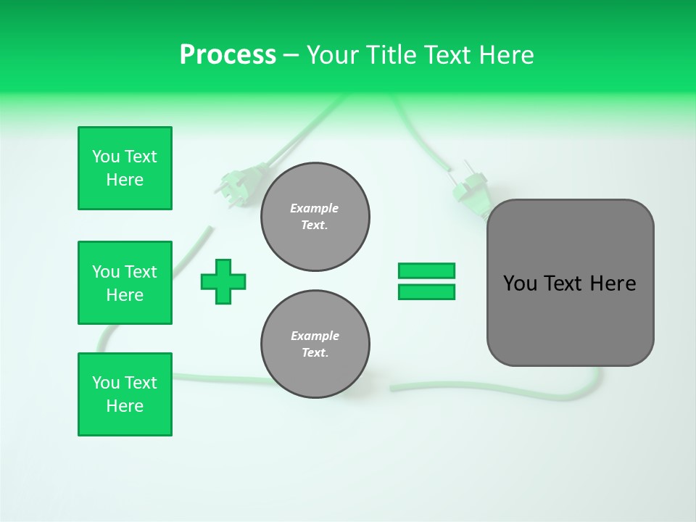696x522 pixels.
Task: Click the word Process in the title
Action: pyautogui.click(x=228, y=54)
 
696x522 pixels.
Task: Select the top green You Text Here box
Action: pyautogui.click(x=125, y=168)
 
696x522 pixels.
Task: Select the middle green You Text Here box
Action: pyautogui.click(x=125, y=283)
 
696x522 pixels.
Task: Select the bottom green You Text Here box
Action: pyautogui.click(x=125, y=394)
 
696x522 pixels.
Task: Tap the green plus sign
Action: pyautogui.click(x=223, y=281)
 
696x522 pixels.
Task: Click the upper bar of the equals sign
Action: pyautogui.click(x=426, y=270)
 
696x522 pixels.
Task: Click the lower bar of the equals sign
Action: pyautogui.click(x=426, y=292)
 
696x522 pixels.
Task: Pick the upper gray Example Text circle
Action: pyautogui.click(x=315, y=216)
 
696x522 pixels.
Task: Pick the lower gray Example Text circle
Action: pyautogui.click(x=315, y=344)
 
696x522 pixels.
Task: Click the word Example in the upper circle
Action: pyautogui.click(x=315, y=208)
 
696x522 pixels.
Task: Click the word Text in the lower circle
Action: pyautogui.click(x=315, y=352)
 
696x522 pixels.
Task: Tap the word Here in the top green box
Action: pyautogui.click(x=125, y=180)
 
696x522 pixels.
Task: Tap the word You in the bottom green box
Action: pyautogui.click(x=106, y=383)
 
